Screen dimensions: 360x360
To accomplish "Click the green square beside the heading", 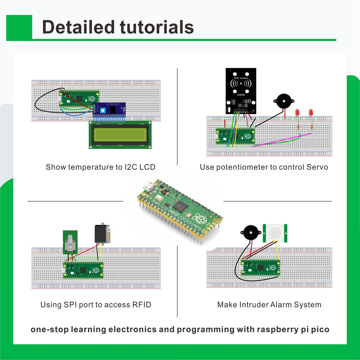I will tap(19, 27).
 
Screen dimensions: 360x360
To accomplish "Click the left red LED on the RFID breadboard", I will tap(297, 113).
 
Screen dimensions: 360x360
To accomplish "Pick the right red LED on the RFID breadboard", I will tap(311, 112).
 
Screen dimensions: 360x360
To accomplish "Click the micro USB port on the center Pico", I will tap(148, 186).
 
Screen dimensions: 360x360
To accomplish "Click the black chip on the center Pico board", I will tap(180, 206).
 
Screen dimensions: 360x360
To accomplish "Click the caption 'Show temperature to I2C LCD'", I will tap(100, 167).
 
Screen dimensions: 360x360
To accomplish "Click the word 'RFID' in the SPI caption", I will tap(141, 305).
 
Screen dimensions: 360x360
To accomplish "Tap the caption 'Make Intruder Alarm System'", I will tap(269, 305).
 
